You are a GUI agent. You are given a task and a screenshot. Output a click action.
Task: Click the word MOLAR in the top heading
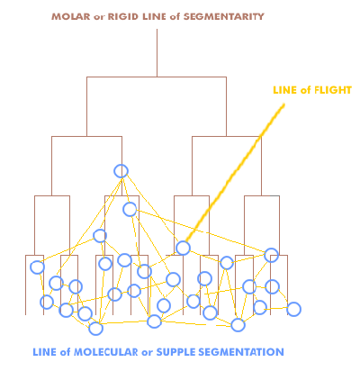(x=71, y=16)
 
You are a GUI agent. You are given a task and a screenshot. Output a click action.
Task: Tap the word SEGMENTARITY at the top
(x=223, y=16)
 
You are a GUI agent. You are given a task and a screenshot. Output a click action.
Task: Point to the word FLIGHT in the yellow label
(x=332, y=90)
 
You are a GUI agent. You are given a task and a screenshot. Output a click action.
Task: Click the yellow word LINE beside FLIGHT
(x=284, y=90)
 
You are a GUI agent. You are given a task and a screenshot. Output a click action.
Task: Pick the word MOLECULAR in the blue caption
(x=106, y=352)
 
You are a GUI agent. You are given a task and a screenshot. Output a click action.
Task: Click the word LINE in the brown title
(x=154, y=16)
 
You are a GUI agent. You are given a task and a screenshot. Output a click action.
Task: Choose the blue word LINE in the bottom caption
(x=44, y=352)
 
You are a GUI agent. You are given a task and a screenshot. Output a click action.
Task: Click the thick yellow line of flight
(x=235, y=172)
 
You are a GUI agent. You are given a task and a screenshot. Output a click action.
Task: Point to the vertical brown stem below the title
(x=157, y=53)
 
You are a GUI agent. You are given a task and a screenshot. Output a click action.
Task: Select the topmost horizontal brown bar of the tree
(x=157, y=77)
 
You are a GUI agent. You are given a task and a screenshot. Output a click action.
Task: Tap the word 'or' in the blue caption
(x=148, y=352)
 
